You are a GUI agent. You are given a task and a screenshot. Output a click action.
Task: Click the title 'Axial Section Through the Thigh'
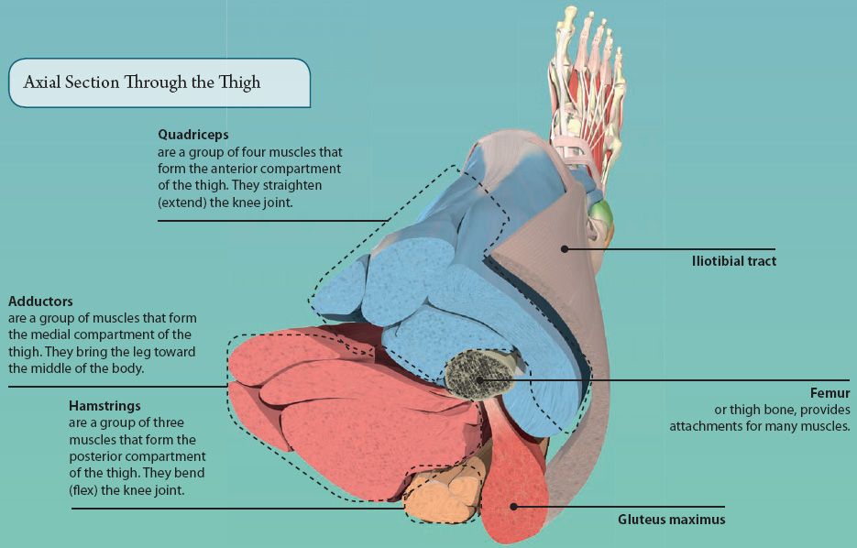pos(142,82)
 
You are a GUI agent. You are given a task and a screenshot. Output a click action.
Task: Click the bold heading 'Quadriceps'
pos(192,135)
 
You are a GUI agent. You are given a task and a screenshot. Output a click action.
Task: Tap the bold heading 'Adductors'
pos(40,301)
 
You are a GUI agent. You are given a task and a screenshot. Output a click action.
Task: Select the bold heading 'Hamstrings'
pos(104,405)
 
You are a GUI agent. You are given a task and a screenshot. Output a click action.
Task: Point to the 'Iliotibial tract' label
pos(733,261)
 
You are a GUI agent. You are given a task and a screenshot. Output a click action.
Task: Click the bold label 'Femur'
pos(831,393)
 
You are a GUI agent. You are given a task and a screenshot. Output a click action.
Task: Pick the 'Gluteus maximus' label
pos(671,520)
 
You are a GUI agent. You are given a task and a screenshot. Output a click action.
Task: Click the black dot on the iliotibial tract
pos(566,247)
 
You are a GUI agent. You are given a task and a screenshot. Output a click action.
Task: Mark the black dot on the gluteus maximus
pos(514,505)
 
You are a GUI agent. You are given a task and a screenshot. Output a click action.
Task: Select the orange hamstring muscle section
pos(440,495)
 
